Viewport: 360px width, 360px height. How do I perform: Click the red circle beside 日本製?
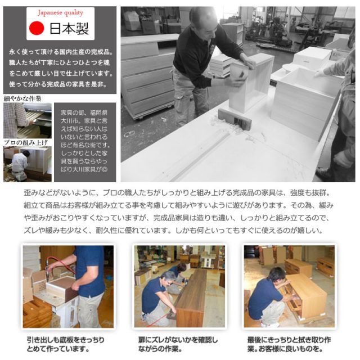[36, 28]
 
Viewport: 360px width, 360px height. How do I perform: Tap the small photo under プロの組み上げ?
[27, 164]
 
